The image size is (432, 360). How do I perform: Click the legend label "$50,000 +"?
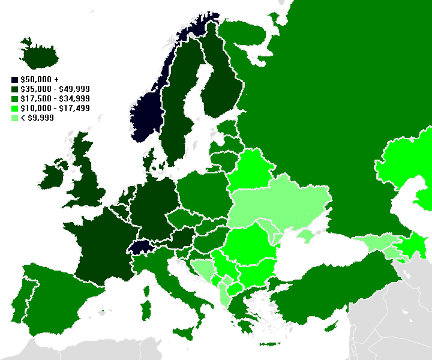(x=39, y=79)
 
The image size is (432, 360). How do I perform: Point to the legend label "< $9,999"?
(x=37, y=118)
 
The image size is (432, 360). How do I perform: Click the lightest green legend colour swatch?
(x=14, y=118)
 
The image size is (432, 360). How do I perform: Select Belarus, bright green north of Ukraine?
(x=250, y=170)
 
